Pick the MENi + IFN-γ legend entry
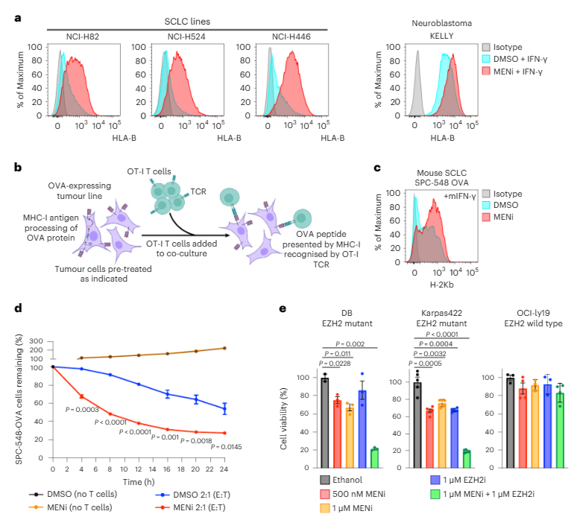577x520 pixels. (x=526, y=70)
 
